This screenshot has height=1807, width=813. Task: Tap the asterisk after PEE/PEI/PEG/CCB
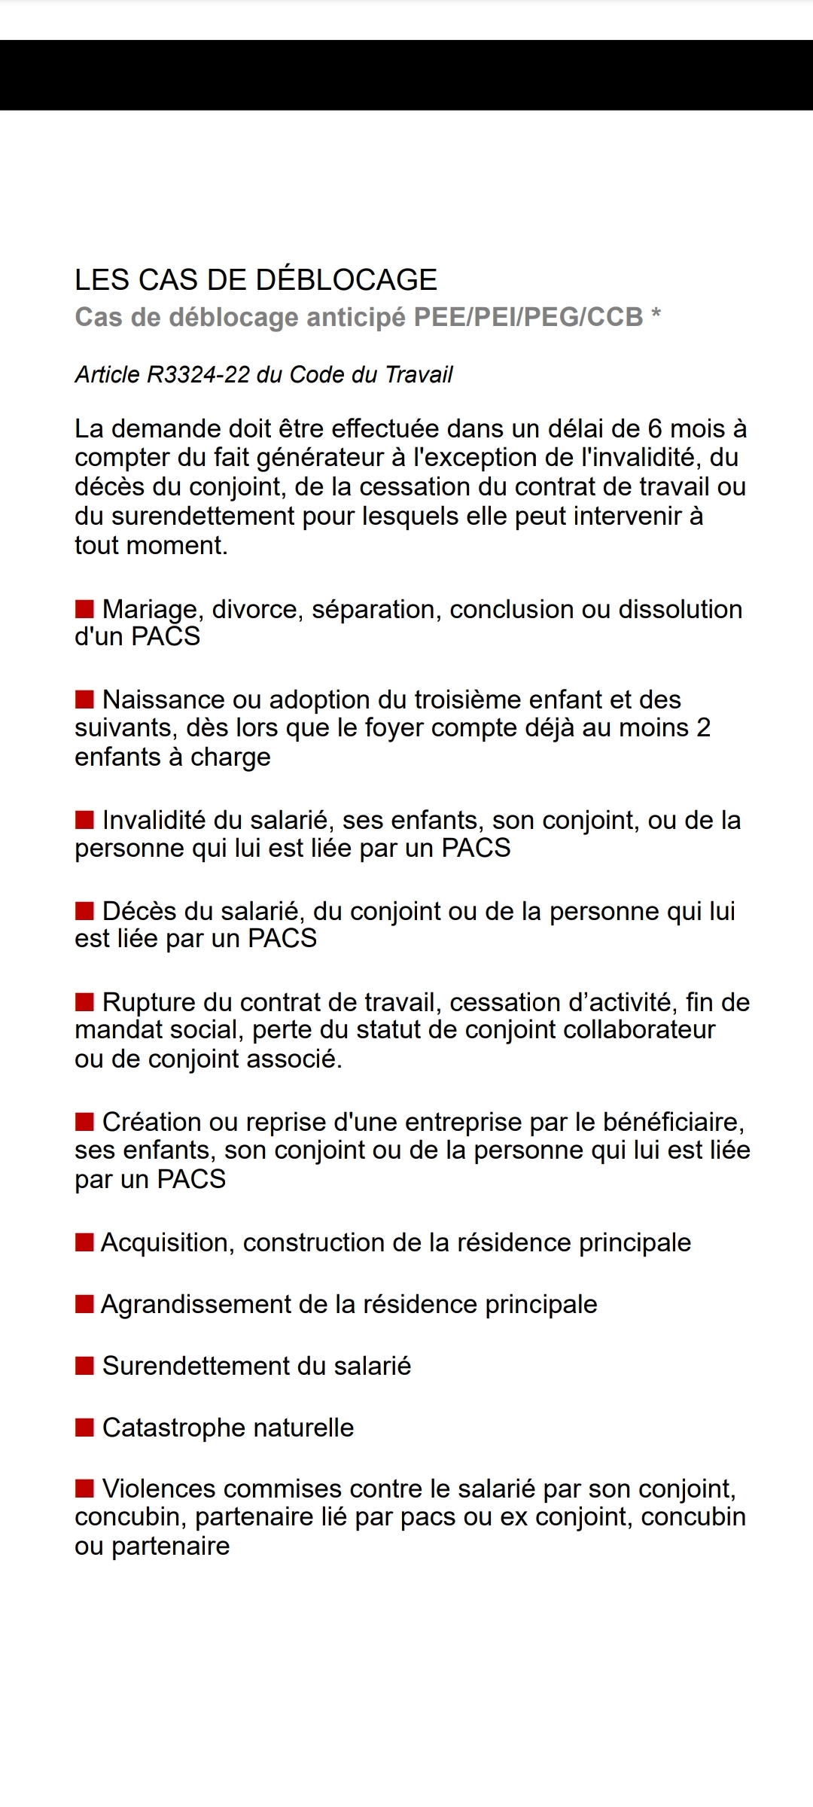coord(656,315)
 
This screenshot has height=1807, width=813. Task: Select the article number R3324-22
coord(198,374)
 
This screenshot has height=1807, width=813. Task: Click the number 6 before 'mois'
coord(655,428)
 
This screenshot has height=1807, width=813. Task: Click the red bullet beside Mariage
coord(84,608)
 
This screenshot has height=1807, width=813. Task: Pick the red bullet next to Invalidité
coord(84,819)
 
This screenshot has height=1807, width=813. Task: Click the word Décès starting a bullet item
coord(139,911)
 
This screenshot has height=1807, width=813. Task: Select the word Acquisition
coord(164,1242)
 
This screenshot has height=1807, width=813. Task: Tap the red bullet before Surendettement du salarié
coord(84,1365)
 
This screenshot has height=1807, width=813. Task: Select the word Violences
coord(158,1489)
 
